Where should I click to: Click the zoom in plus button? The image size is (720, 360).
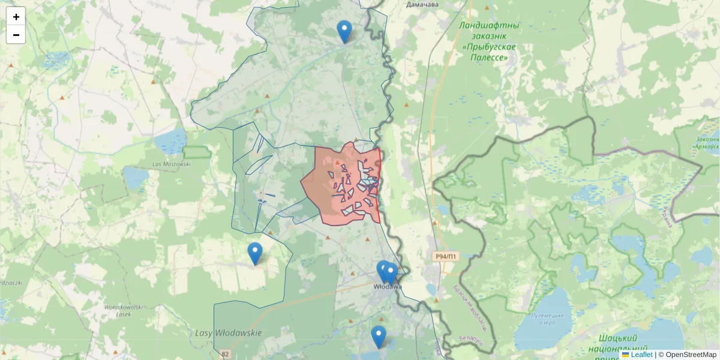pos(16,17)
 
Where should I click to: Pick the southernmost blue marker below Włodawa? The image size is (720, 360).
pos(378,337)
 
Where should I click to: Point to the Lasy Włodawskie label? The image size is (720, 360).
pos(229,333)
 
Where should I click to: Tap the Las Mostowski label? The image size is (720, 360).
pos(172,164)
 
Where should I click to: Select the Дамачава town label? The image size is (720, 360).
pos(422,4)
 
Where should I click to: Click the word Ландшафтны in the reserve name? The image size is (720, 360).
pos(489,26)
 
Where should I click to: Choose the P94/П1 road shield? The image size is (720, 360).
pos(445,257)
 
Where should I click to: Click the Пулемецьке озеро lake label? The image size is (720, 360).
pos(550,319)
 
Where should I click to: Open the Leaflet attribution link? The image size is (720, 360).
pos(641,355)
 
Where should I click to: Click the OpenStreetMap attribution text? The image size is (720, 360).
pos(691,355)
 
